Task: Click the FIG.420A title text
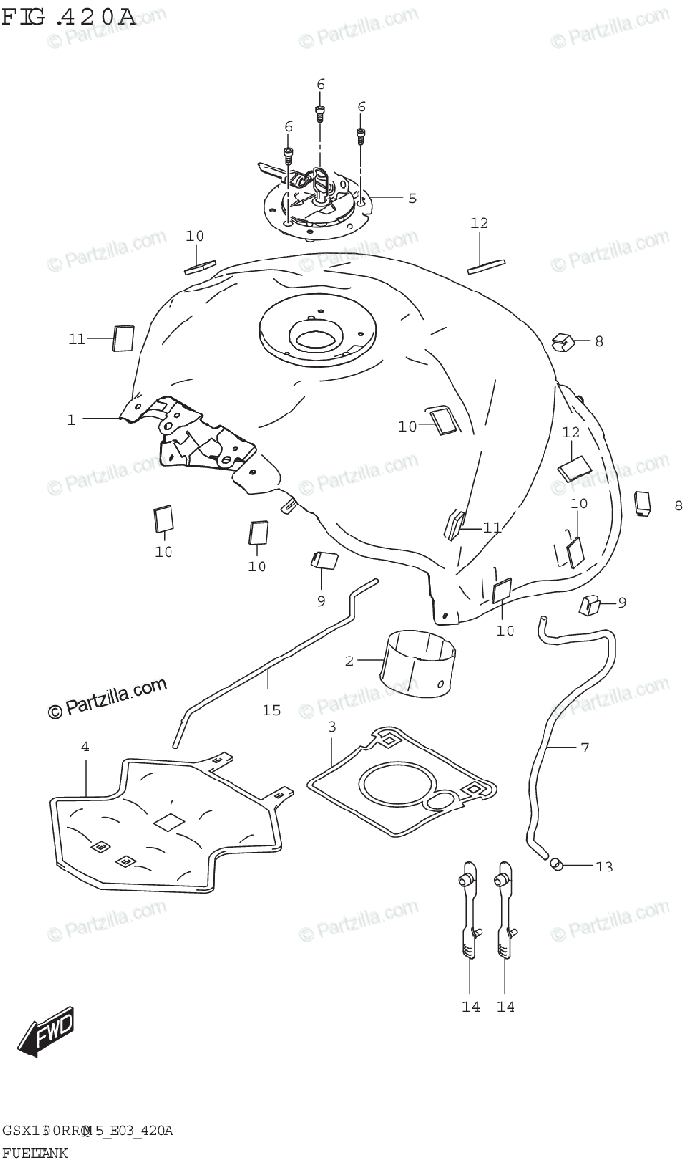point(68,16)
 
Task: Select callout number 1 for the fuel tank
point(71,419)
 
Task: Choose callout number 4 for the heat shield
point(85,747)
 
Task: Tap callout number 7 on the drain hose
point(585,747)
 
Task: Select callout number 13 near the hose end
point(604,867)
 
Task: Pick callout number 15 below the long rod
point(271,710)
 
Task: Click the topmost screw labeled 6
point(320,114)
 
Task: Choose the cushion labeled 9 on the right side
point(590,606)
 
